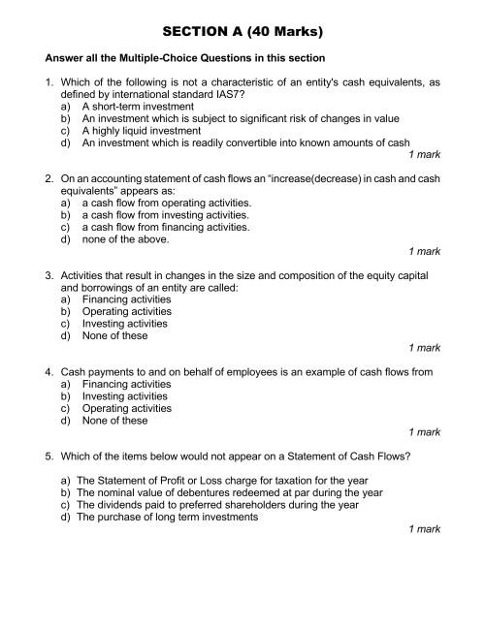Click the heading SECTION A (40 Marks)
click(x=242, y=31)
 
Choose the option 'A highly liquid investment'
click(x=142, y=130)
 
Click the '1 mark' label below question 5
click(x=424, y=529)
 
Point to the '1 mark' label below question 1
click(x=424, y=154)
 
